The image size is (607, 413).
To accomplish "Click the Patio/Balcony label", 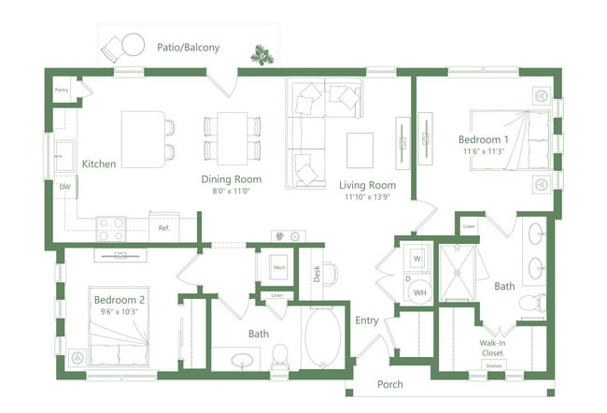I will click(188, 47).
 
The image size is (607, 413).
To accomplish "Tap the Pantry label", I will click(62, 91).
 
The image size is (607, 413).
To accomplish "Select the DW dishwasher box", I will click(64, 188).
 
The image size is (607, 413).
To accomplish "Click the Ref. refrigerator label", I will click(163, 227).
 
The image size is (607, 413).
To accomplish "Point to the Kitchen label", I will click(99, 164).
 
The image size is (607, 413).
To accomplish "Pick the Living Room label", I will click(369, 185).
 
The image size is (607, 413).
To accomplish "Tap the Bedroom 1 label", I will click(483, 139).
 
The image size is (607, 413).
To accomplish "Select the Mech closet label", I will click(278, 266).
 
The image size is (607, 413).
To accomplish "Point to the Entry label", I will click(366, 321).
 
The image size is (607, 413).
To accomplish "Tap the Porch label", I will click(391, 384).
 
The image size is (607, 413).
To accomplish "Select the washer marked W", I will click(417, 257).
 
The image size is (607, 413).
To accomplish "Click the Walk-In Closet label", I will click(491, 349).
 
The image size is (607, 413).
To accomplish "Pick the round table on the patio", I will click(133, 43).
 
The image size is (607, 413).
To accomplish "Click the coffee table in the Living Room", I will click(360, 148).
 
